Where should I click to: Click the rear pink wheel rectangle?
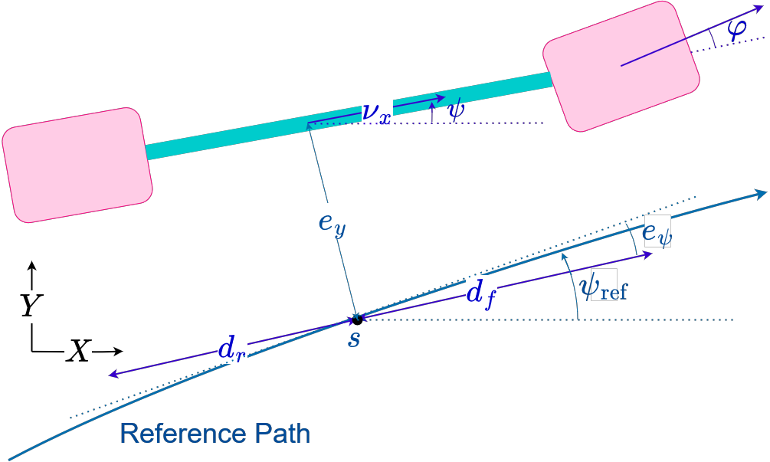[77, 165]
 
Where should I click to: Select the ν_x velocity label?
[376, 110]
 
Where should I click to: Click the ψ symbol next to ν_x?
[456, 110]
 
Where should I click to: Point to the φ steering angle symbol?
[736, 29]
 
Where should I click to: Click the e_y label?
[333, 221]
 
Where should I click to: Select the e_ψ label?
[657, 231]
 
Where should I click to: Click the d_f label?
[481, 293]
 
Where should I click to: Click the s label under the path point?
[353, 337]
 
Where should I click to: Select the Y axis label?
[31, 306]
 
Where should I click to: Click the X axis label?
[77, 352]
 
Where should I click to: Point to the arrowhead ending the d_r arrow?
[113, 374]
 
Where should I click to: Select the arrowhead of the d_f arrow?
[647, 254]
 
